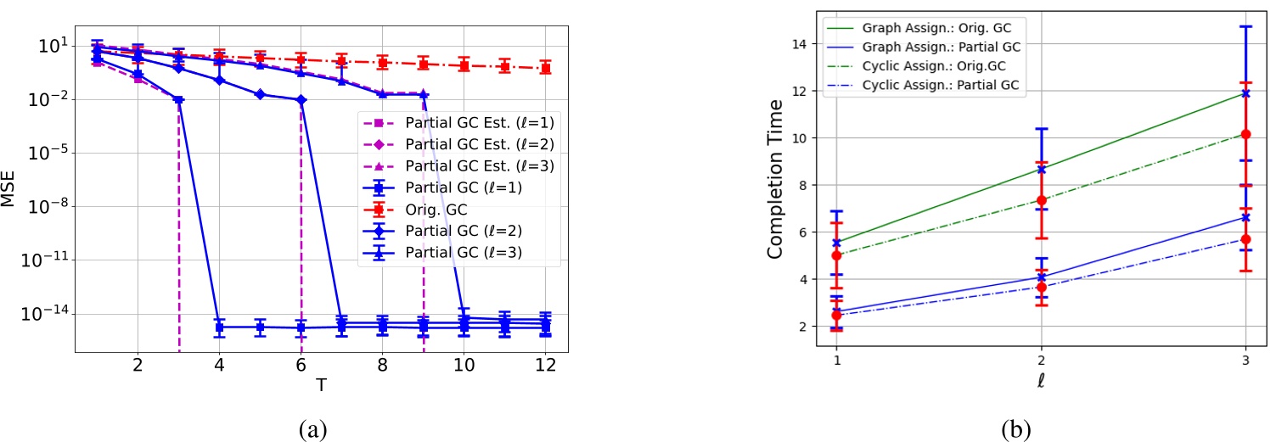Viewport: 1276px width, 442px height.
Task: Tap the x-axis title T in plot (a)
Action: (320, 384)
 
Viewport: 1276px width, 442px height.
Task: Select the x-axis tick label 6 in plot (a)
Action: (301, 366)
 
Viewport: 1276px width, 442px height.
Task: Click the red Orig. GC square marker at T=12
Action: (545, 68)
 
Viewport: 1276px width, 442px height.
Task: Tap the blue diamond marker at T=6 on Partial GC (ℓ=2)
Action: (301, 100)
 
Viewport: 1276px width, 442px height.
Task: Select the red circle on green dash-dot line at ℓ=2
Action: (1042, 200)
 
